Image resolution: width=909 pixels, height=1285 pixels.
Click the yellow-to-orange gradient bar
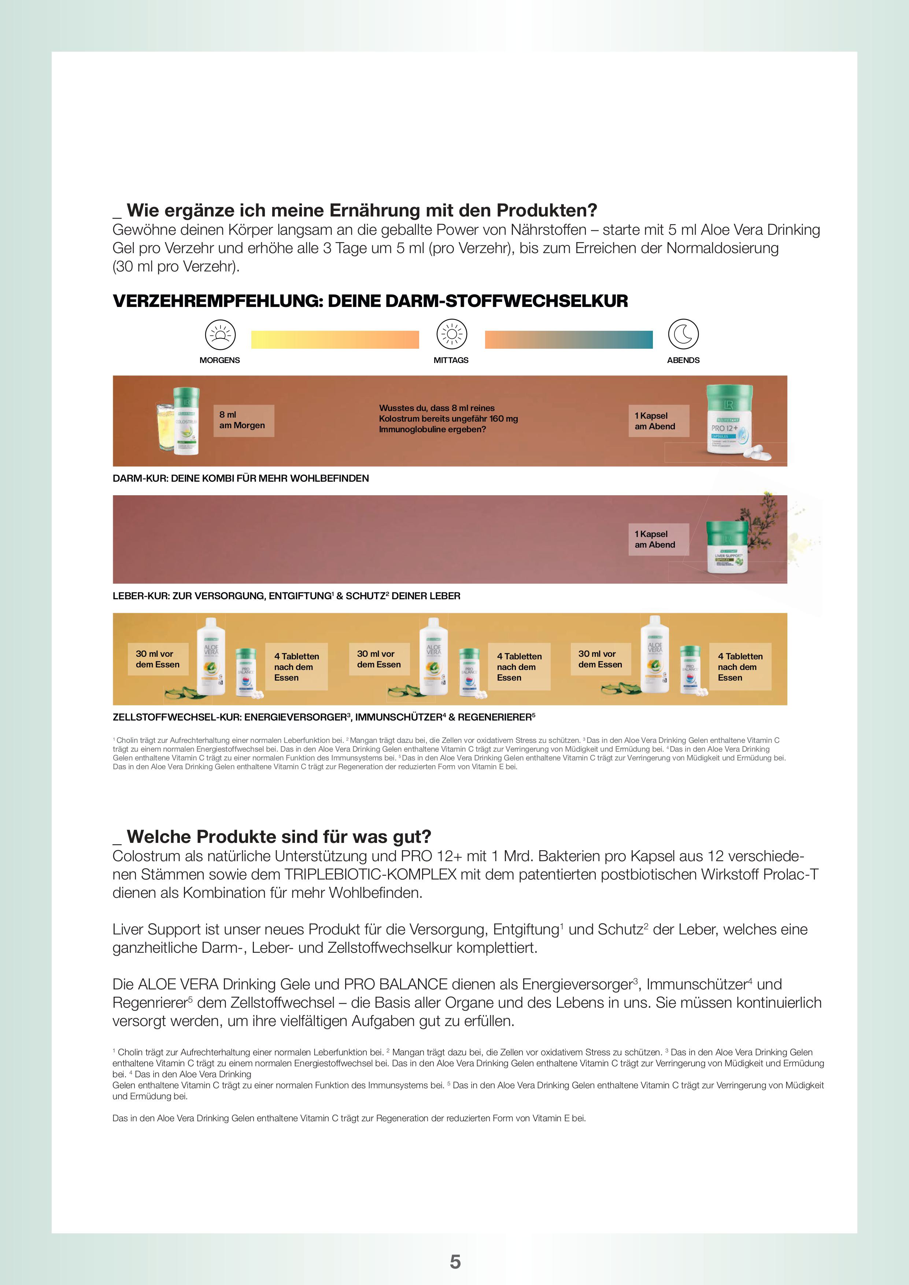335,340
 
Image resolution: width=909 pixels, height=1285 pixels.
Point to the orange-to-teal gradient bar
568,340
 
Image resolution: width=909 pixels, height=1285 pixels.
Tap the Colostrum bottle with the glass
179,421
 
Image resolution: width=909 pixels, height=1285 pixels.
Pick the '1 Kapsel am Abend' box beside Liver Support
658,540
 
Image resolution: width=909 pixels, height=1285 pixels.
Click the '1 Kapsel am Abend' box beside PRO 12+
658,421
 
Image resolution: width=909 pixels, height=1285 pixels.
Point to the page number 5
455,1262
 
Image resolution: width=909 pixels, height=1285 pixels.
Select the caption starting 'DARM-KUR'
241,478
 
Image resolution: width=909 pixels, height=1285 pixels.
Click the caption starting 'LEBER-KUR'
286,596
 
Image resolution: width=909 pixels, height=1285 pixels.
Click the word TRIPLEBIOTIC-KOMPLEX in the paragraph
370,874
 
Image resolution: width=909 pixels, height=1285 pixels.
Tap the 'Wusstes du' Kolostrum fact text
448,419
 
